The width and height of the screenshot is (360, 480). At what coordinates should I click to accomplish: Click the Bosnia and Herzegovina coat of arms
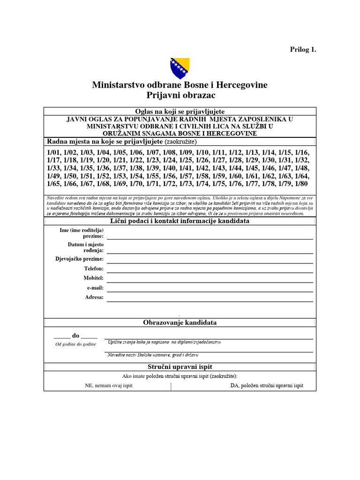click(180, 68)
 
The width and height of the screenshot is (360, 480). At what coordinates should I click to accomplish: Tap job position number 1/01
click(55, 153)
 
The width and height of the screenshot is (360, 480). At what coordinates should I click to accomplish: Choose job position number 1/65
click(55, 184)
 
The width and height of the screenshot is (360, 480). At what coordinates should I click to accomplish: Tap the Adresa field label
click(94, 297)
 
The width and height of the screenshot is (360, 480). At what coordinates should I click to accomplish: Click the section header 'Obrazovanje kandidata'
click(180, 322)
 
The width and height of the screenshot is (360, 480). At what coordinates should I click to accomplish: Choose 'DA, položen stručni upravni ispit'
click(267, 385)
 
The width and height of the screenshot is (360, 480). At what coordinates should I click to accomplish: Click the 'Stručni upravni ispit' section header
click(180, 367)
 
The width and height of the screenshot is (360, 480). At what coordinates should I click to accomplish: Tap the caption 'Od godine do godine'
click(75, 345)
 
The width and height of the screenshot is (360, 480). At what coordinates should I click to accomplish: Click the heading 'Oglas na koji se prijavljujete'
click(180, 112)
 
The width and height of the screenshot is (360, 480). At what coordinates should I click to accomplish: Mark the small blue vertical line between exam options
click(171, 386)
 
